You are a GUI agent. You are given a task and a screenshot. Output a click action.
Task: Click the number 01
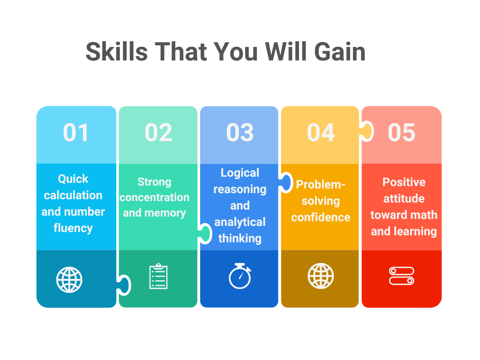76,133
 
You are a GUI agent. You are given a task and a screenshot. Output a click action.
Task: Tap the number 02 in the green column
158,133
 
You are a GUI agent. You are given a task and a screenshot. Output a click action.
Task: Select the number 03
240,133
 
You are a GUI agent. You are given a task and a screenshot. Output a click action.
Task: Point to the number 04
321,133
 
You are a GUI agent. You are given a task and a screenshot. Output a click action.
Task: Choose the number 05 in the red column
402,133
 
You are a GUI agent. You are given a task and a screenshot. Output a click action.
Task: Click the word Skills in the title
117,52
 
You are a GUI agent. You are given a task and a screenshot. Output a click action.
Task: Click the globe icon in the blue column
69,280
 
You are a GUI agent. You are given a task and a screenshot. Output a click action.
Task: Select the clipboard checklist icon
158,277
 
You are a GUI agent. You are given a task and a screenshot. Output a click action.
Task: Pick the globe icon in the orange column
321,276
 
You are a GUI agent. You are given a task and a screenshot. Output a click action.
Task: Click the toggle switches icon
402,276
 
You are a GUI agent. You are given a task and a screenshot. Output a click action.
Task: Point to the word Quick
73,179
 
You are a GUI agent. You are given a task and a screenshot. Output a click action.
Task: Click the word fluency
73,228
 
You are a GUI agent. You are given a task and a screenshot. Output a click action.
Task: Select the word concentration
154,197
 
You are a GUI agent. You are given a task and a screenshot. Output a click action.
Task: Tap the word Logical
240,173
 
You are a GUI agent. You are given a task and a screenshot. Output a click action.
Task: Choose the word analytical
240,222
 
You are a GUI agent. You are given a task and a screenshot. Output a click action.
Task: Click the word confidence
321,217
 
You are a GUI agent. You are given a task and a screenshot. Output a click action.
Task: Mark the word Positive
404,182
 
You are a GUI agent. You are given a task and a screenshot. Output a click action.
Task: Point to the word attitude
404,199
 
